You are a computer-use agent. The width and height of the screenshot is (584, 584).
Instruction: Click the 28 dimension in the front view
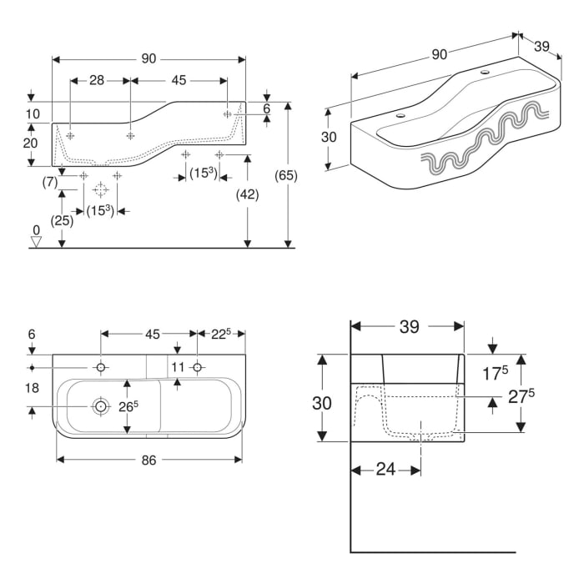97,80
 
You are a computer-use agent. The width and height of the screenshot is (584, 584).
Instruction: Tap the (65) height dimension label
286,175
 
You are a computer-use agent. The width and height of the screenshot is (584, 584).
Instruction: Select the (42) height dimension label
247,194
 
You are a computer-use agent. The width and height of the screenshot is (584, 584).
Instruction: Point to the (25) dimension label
62,221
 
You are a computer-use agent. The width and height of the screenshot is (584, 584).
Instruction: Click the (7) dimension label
50,182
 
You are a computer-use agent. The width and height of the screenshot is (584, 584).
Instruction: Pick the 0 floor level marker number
36,230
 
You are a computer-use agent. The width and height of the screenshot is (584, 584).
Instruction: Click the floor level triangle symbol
36,242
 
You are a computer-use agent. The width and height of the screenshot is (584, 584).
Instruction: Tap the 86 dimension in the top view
149,461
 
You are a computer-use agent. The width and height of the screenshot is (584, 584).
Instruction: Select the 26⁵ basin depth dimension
128,407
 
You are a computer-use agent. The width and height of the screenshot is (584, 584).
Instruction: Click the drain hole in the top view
100,406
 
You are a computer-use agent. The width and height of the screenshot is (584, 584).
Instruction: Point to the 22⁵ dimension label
221,334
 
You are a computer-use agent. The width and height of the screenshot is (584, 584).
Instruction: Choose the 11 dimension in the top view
178,367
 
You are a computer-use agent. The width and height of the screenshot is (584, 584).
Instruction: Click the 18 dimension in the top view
32,388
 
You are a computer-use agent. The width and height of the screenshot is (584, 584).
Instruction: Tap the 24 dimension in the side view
385,470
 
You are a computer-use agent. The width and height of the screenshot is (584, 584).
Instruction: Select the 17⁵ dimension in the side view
495,373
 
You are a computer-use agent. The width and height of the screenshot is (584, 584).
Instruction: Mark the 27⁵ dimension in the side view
521,396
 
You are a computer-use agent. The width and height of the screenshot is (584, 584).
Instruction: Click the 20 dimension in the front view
31,143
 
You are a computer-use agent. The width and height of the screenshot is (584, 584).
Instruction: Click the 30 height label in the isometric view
329,137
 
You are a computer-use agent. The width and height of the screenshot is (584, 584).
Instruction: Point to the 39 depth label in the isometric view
541,47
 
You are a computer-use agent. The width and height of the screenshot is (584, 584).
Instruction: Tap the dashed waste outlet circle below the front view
100,190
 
